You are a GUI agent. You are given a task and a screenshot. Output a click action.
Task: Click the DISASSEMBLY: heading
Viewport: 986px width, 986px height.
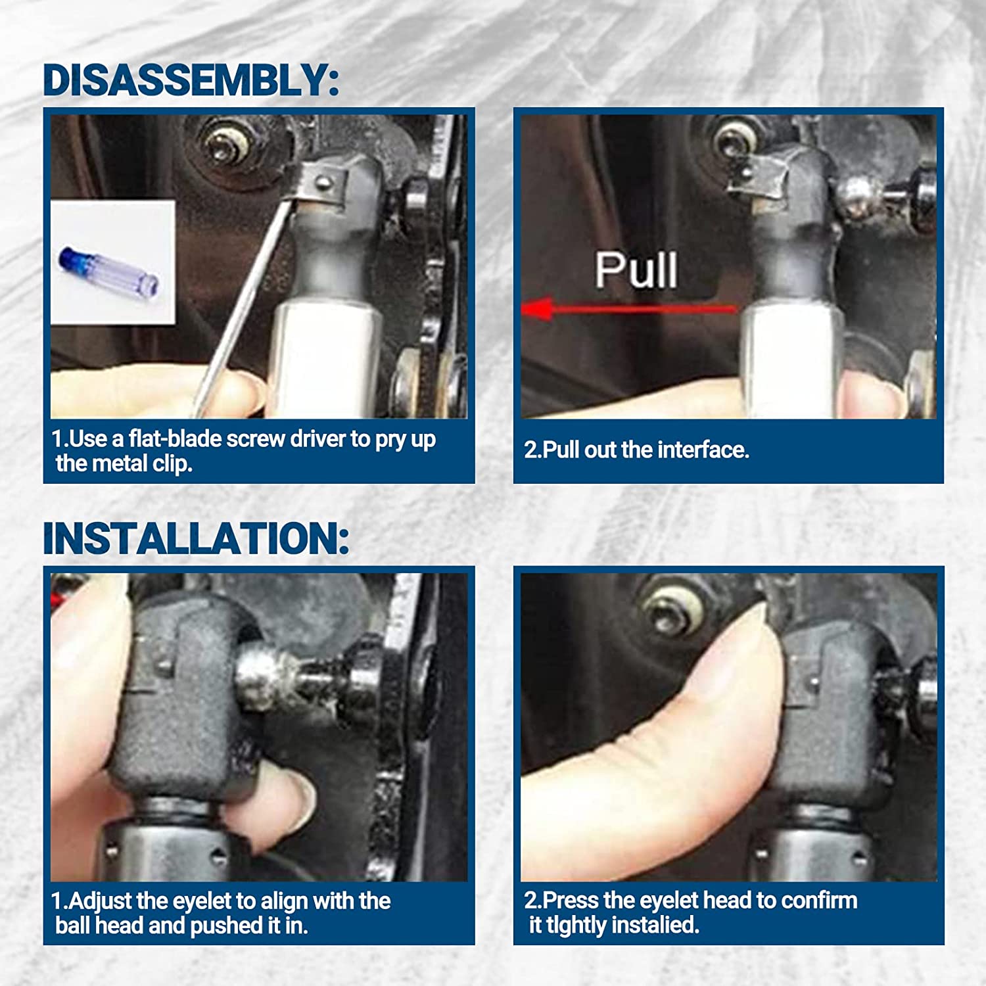tap(191, 80)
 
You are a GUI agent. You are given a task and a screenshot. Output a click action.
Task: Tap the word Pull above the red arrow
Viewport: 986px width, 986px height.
tap(636, 270)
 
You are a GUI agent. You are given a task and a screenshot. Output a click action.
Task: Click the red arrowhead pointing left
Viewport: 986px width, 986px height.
tap(536, 308)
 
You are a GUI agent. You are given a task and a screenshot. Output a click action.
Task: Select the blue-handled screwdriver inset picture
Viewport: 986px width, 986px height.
tap(113, 262)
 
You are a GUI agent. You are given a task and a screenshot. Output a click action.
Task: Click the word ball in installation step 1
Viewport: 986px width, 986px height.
tap(72, 926)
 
